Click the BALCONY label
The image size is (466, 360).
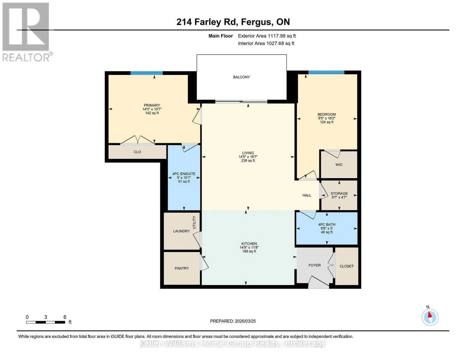click(x=241, y=77)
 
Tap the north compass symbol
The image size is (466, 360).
click(x=430, y=317)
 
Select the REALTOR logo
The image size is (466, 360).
click(x=27, y=32)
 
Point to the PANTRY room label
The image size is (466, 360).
click(x=182, y=268)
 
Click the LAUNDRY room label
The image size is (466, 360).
click(x=181, y=231)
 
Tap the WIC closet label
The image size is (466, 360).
click(x=339, y=165)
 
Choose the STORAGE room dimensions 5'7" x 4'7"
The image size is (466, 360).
click(x=339, y=197)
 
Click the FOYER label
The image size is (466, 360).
click(x=315, y=265)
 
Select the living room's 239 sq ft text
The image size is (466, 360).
click(x=248, y=160)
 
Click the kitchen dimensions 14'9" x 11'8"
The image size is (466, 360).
click(x=249, y=247)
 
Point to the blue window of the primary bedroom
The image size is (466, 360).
click(x=147, y=73)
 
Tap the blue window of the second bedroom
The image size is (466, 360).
click(x=326, y=72)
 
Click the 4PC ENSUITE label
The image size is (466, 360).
click(x=184, y=174)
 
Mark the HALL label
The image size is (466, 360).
click(x=307, y=195)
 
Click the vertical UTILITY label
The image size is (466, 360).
click(x=194, y=223)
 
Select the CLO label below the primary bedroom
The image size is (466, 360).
click(x=137, y=152)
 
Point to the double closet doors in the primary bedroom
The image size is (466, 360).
click(x=137, y=140)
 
